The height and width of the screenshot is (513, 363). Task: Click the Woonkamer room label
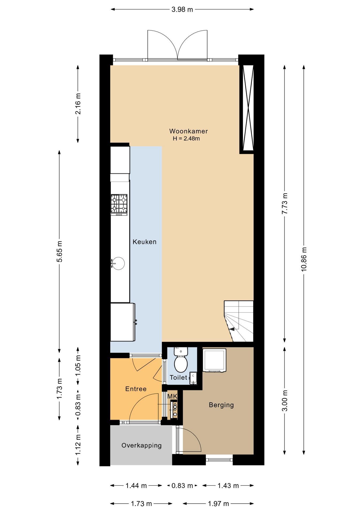pos(188,131)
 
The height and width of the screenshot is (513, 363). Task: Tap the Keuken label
pos(145,242)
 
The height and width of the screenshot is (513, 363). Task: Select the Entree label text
pos(136,389)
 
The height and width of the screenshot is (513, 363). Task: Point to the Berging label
pos(221,405)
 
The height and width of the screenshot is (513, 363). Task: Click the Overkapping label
pos(142,445)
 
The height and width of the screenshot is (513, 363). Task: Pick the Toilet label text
pos(179,378)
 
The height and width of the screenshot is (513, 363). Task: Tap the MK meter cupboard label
pos(172,397)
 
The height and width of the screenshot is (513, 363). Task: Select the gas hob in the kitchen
pos(119,205)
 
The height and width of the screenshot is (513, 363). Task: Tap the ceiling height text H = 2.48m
pos(186,139)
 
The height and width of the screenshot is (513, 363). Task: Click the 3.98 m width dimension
pos(182,10)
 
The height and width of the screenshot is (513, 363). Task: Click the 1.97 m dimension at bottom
pos(218,504)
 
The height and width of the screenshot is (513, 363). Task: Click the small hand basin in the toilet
pos(193,378)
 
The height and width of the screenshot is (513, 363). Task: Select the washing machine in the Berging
pos(214,360)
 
